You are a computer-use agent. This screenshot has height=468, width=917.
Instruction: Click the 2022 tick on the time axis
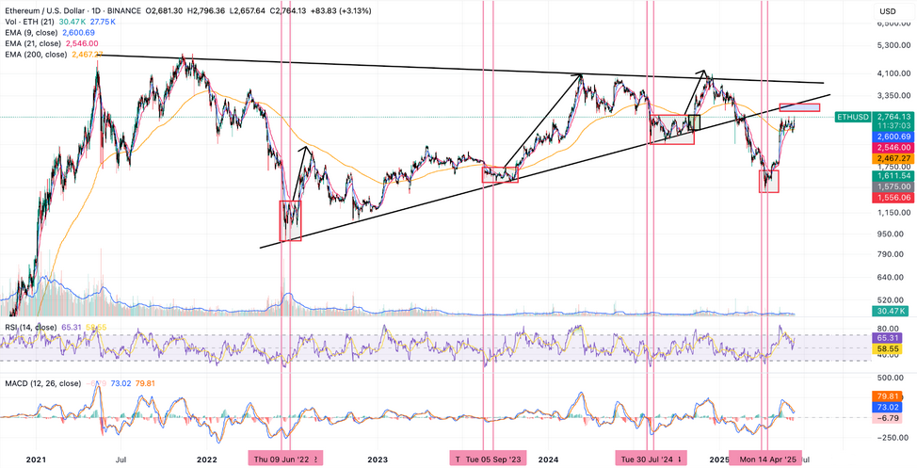[x=206, y=459]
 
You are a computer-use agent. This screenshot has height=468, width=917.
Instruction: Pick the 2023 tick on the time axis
[x=378, y=459]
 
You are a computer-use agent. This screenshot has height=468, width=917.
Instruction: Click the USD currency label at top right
[x=887, y=11]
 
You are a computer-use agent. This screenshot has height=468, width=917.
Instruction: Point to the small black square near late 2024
[x=696, y=121]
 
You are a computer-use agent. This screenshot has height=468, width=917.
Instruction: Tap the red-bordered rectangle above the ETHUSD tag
[x=800, y=107]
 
